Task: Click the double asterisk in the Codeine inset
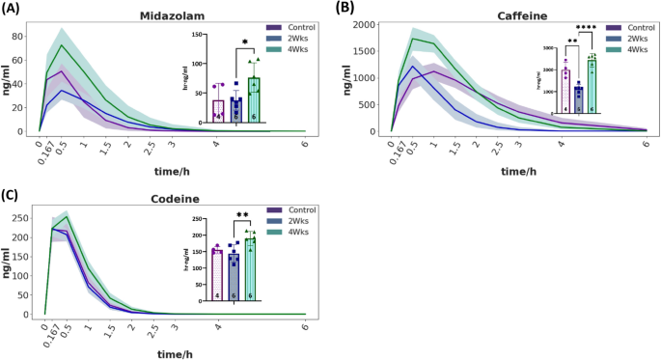click(241, 217)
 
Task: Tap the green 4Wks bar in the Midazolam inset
click(254, 100)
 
